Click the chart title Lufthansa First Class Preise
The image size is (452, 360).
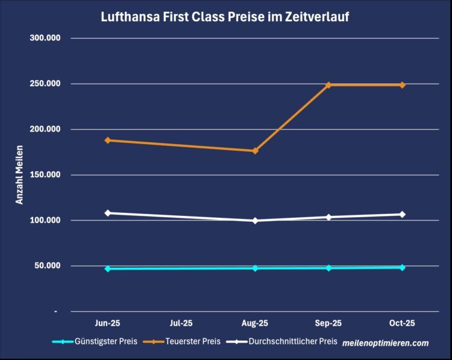coord(225,17)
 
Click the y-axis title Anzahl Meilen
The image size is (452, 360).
coord(20,175)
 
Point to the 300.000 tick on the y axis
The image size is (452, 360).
coord(45,38)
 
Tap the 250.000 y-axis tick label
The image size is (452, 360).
coord(45,84)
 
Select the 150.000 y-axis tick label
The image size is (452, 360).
coord(45,175)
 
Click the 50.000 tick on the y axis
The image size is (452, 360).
coord(47,266)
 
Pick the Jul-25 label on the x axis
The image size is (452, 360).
coord(181,323)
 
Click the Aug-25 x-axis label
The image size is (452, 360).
coord(256,323)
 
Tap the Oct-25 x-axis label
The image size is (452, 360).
coord(403,323)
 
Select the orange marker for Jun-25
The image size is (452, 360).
coord(108,141)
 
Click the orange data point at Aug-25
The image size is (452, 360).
coord(256,151)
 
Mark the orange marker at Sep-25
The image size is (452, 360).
coord(329,85)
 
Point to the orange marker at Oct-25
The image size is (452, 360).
coord(403,85)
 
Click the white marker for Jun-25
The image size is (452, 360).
coord(108,213)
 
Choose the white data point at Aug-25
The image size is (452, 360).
coord(256,221)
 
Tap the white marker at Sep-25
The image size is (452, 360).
coord(329,217)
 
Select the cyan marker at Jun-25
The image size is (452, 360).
coord(108,269)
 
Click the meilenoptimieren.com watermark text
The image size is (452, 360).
coord(385,343)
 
